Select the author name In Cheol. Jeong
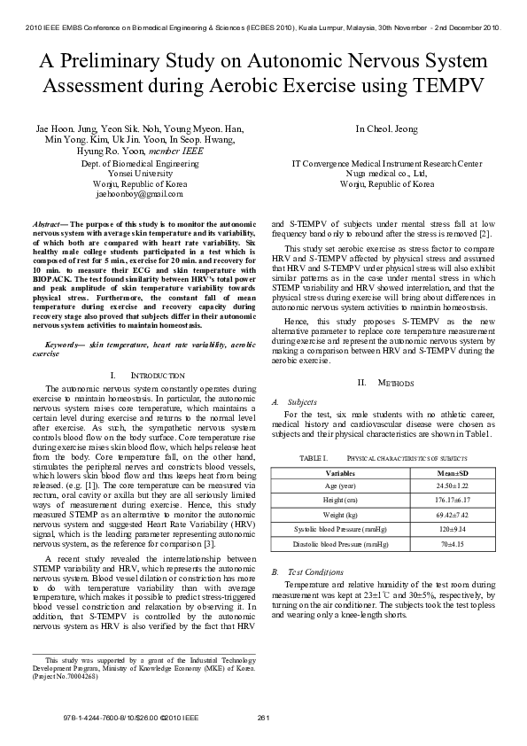(x=386, y=128)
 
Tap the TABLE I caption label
(x=314, y=457)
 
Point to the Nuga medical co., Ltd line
(x=386, y=174)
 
